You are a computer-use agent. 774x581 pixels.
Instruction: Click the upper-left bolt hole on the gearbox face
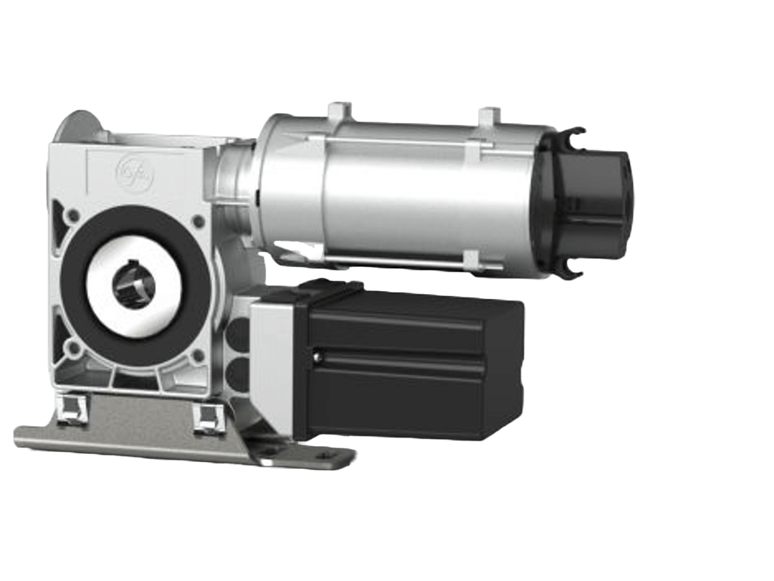coord(73,214)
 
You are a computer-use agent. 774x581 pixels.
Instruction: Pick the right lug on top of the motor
coord(487,115)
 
